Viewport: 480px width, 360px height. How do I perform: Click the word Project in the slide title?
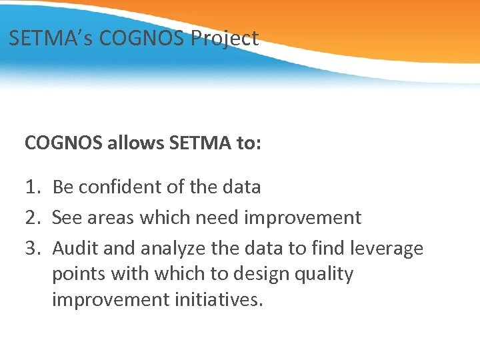pos(225,39)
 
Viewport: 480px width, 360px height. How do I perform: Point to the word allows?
pos(130,143)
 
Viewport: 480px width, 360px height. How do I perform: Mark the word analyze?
pos(174,249)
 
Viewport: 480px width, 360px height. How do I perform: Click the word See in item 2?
pos(65,217)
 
